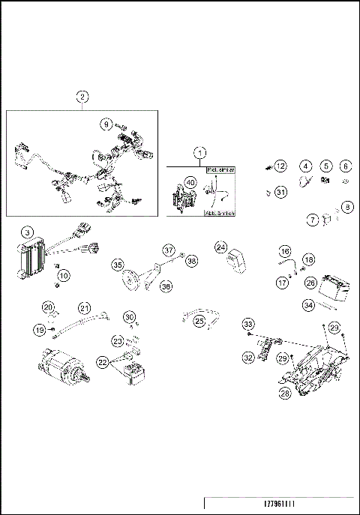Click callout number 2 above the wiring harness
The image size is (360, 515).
point(82,96)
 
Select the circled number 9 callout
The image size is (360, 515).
point(106,124)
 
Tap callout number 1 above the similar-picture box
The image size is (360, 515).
point(200,152)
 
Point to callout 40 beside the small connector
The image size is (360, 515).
point(190,182)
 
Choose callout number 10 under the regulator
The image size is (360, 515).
point(63,276)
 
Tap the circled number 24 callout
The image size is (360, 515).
point(221,247)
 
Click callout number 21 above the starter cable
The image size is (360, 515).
point(85,308)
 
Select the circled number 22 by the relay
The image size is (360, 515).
point(102,362)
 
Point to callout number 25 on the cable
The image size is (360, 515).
point(199,321)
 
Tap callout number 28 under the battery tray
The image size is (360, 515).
point(284,393)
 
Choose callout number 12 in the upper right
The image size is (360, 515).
point(280,166)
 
